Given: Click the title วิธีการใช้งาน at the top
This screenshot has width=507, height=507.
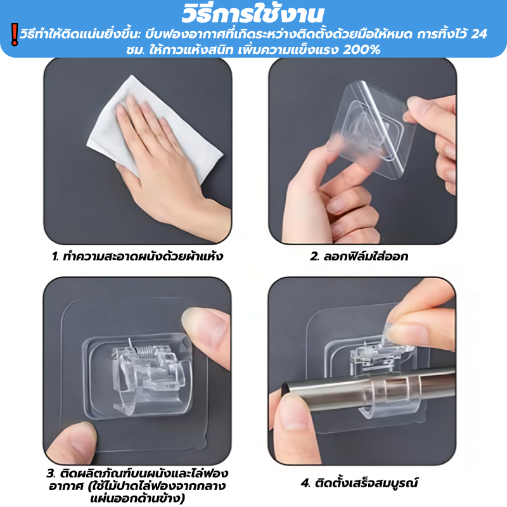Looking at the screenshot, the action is (x=252, y=13).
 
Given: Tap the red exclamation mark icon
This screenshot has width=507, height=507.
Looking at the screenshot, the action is (x=14, y=34).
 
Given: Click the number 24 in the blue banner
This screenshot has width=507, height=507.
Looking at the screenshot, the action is (x=478, y=34).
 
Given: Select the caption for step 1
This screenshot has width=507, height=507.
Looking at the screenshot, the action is (x=138, y=257).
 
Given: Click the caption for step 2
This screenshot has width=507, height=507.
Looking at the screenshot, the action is (x=359, y=257).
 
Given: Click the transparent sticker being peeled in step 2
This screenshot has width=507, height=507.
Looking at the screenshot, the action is (x=372, y=129).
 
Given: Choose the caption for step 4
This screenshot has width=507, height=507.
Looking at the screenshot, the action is (x=359, y=483).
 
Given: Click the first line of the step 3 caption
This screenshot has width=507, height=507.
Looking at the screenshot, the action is (x=138, y=473).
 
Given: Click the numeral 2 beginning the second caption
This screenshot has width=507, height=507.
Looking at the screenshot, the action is (x=314, y=257).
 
